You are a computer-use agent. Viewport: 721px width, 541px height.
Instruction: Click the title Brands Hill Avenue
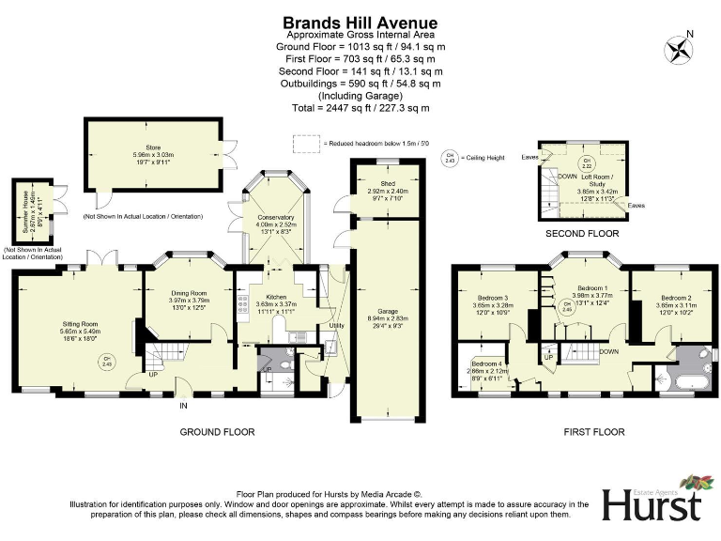360,22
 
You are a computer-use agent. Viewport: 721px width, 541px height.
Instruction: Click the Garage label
387,311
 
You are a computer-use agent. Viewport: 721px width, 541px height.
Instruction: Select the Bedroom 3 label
491,298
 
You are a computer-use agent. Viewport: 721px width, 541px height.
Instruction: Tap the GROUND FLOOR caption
217,432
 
